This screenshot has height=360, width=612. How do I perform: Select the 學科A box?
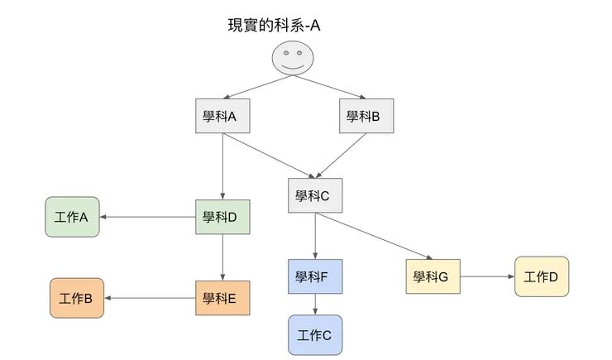tap(222, 117)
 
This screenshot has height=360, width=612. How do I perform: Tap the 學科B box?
tap(366, 117)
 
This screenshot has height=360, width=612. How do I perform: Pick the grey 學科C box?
tap(314, 196)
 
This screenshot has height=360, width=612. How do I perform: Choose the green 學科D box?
tap(222, 218)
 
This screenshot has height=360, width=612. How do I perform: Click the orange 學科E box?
tap(222, 298)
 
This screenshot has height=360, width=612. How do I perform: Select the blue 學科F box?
tap(314, 276)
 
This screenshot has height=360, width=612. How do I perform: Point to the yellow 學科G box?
tap(433, 276)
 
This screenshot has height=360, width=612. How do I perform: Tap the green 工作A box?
tap(73, 218)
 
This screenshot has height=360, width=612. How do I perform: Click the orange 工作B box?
tap(78, 298)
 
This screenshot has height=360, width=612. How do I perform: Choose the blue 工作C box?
tap(314, 335)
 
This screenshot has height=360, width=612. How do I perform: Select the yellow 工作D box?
tap(542, 276)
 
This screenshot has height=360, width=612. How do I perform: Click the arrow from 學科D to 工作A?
tap(148, 218)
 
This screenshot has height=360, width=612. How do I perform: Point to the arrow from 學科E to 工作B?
tap(150, 298)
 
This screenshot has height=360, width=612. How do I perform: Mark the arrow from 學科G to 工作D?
tap(487, 276)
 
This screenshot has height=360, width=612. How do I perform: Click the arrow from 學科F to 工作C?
tap(314, 304)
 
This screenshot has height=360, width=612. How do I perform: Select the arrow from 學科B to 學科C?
tap(342, 155)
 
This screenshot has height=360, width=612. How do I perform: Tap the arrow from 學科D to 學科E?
tap(222, 257)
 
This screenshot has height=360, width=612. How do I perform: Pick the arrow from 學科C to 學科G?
tap(373, 236)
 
